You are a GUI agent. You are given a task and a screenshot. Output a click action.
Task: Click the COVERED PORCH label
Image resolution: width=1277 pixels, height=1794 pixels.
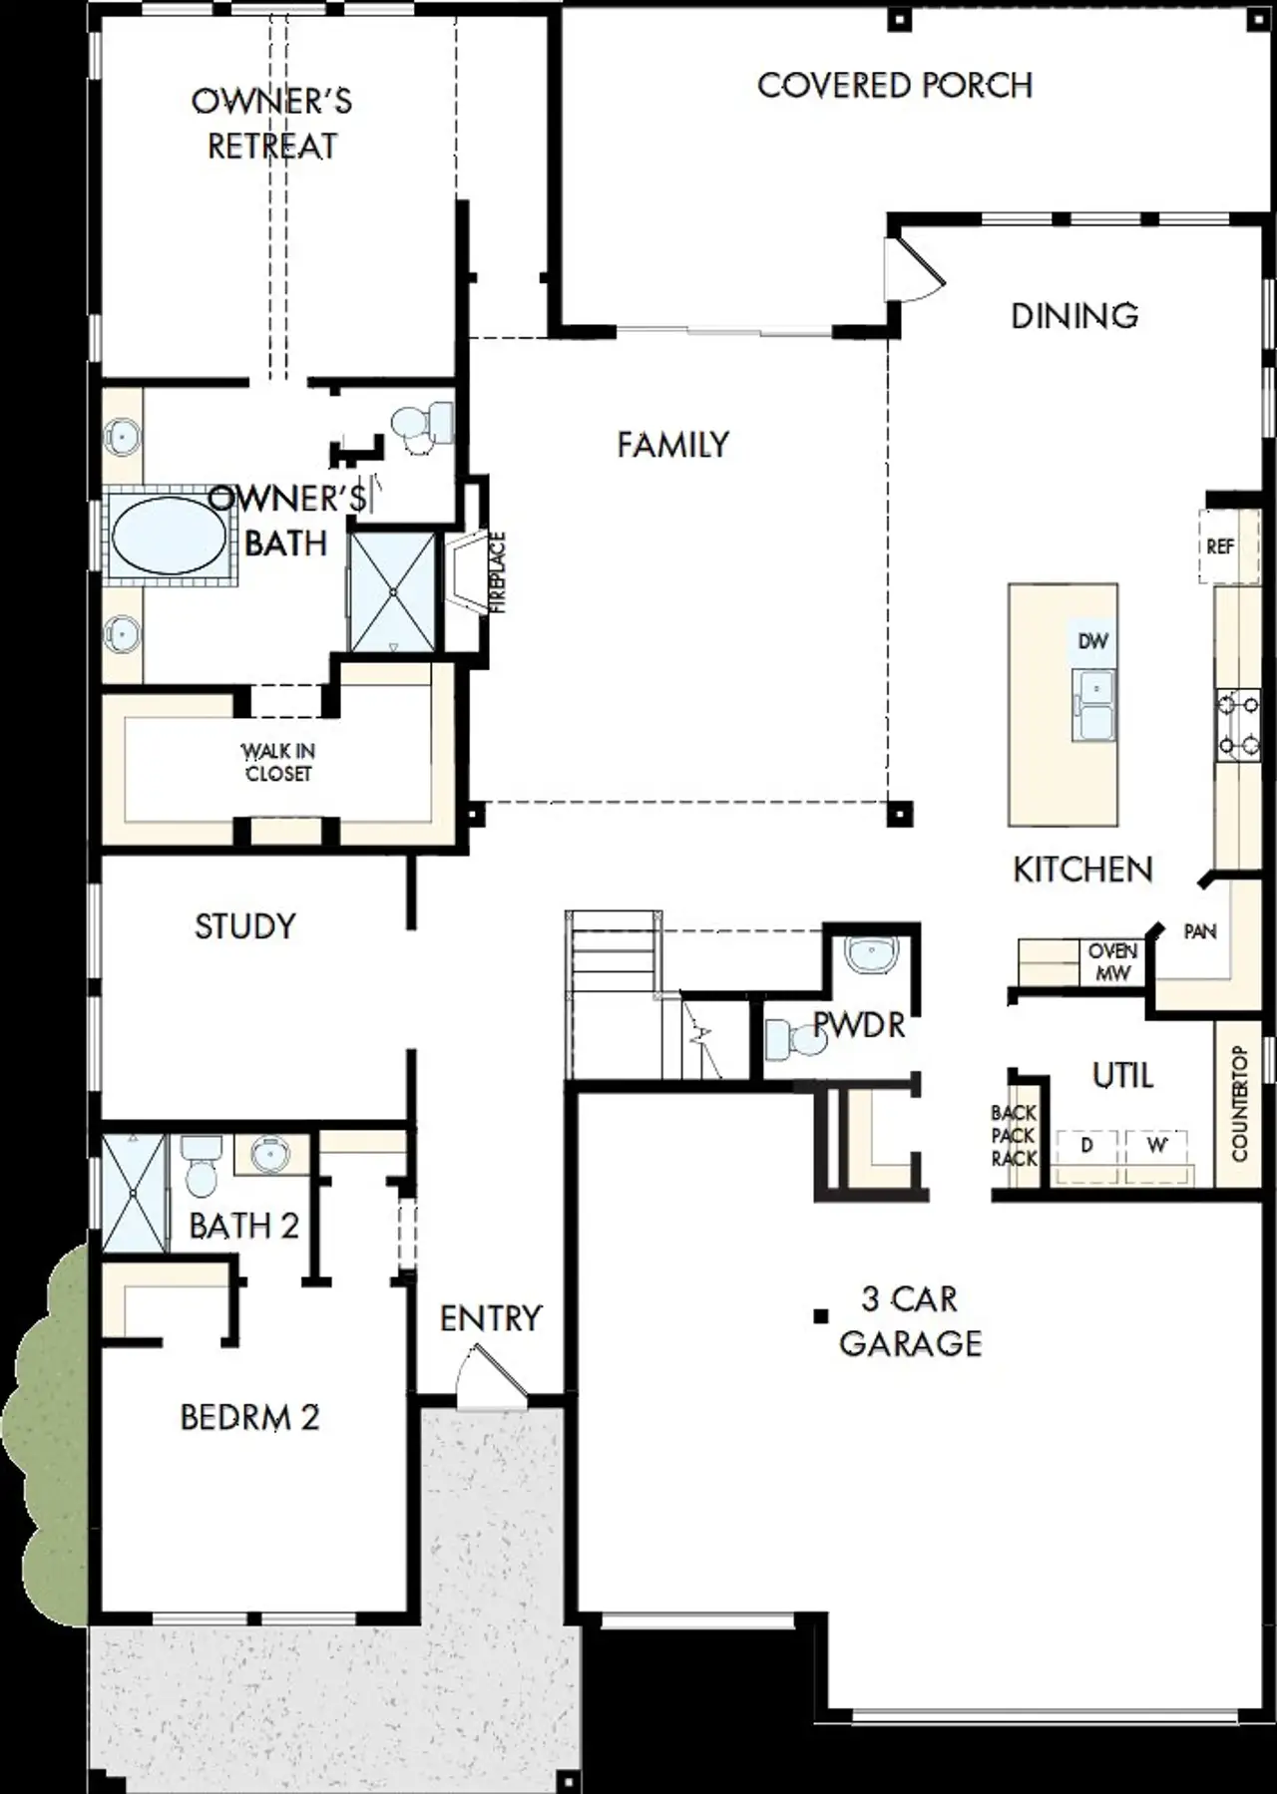click(895, 86)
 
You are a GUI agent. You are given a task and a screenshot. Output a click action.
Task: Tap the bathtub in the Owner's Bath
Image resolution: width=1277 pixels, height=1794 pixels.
click(168, 537)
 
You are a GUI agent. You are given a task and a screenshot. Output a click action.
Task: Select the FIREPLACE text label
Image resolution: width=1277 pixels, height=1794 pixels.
click(498, 572)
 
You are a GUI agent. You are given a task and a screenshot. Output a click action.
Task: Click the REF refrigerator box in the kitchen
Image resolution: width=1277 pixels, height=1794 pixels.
click(1220, 546)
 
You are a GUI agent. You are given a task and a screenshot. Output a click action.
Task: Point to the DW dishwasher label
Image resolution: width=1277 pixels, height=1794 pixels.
click(1092, 641)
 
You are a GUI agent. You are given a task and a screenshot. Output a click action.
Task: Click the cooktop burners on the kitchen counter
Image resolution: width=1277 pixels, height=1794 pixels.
click(1237, 724)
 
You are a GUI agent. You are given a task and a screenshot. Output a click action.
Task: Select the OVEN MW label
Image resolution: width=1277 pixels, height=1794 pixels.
click(1112, 962)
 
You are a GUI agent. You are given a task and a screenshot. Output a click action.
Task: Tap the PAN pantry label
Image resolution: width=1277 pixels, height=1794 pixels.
click(1199, 931)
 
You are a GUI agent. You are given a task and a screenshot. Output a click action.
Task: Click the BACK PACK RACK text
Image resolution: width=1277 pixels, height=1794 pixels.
click(1014, 1136)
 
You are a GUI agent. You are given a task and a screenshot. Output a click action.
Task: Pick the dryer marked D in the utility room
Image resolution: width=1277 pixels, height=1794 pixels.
click(1086, 1146)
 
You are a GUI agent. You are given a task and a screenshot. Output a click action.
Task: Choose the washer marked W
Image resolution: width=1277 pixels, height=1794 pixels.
click(1156, 1146)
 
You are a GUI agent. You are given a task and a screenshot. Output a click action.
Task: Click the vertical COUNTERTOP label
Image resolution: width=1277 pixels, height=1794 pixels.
click(1240, 1104)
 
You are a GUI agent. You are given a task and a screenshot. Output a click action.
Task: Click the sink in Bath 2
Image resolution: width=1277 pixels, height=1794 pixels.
click(267, 1155)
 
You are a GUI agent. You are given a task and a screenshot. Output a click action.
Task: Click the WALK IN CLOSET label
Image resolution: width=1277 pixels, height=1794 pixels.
click(278, 762)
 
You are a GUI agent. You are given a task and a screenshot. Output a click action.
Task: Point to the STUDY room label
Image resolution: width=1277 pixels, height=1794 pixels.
click(244, 926)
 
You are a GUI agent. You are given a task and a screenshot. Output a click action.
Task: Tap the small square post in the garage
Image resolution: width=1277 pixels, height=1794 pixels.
click(820, 1316)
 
